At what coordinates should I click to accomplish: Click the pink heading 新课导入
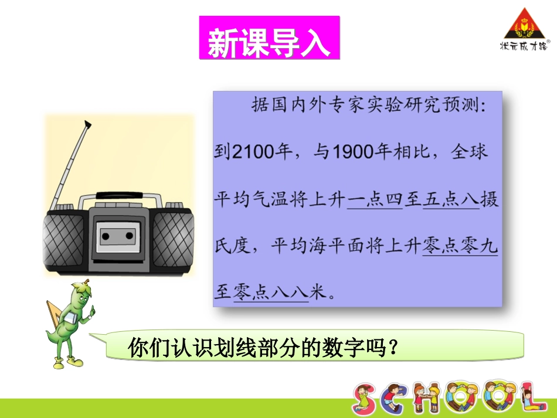(269, 38)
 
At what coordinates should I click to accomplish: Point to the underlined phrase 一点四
(375, 200)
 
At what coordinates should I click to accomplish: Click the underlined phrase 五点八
(450, 200)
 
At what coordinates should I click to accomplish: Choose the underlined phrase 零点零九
(460, 246)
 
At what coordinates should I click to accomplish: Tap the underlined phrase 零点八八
(271, 293)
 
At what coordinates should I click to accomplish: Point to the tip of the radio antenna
(88, 124)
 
